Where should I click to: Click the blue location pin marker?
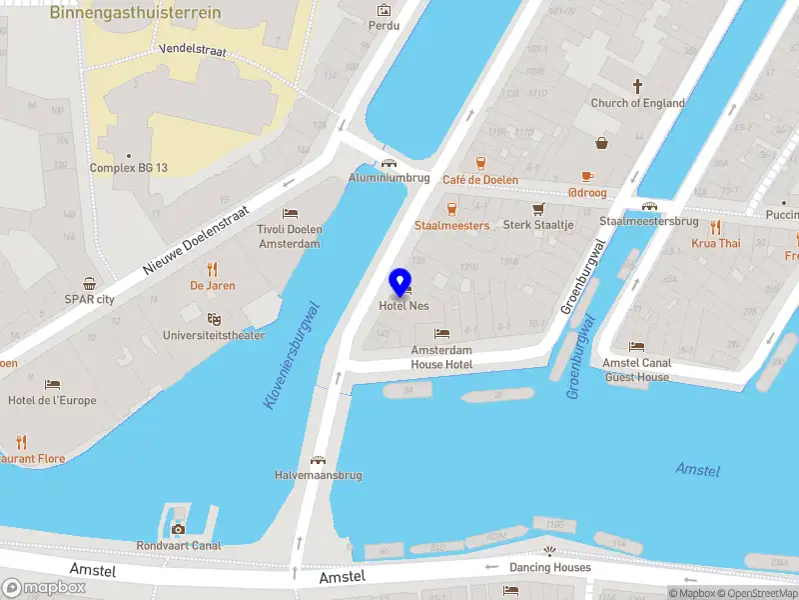400,283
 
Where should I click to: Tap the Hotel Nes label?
403,306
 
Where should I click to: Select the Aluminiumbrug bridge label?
389,177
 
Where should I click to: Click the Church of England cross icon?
637,87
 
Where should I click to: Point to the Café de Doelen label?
480,180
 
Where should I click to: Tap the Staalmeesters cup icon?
451,209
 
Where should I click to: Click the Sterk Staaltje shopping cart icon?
538,209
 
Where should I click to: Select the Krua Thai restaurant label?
716,243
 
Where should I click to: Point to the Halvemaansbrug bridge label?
317,475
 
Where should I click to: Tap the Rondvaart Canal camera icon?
178,529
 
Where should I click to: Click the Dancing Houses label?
549,567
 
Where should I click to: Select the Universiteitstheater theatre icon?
213,319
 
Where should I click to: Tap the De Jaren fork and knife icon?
212,269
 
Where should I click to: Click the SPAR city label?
90,298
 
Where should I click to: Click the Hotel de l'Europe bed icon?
52,385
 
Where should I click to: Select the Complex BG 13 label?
129,168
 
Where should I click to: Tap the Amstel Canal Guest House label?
637,370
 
